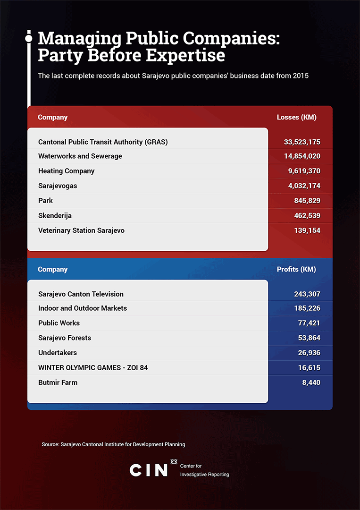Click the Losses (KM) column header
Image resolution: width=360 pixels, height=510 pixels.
[296, 117]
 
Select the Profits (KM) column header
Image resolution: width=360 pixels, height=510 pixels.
[296, 269]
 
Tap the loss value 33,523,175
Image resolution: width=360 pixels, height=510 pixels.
[302, 142]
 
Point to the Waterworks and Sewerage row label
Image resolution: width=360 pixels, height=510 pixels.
[80, 156]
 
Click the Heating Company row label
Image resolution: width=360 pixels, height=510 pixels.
[66, 171]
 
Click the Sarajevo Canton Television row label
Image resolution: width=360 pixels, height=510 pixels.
[81, 294]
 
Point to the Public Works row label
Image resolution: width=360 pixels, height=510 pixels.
[59, 323]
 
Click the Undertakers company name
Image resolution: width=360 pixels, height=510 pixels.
[58, 353]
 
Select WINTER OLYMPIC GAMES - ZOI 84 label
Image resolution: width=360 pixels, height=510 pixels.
[93, 367]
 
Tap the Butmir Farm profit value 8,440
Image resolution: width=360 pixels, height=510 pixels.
[311, 382]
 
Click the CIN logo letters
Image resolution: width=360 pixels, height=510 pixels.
[149, 469]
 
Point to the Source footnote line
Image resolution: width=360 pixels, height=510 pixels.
[113, 444]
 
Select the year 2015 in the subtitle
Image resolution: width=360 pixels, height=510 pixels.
[300, 76]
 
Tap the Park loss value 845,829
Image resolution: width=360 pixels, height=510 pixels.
[307, 201]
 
